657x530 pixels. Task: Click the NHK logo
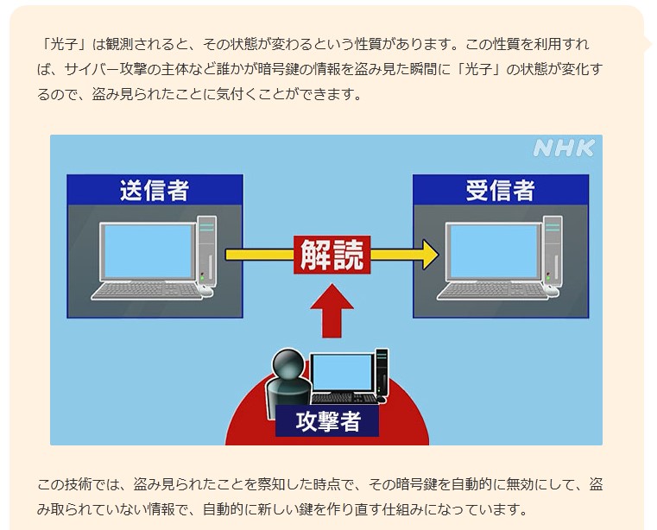[x=563, y=148]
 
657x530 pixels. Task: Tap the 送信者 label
[x=155, y=190]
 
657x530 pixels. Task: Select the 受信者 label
[x=500, y=190]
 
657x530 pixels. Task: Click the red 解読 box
[x=332, y=254]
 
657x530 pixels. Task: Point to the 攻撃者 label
[x=327, y=421]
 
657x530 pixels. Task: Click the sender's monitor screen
[x=146, y=250]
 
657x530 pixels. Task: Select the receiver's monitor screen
[x=491, y=250]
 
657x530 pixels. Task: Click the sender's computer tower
[x=205, y=250]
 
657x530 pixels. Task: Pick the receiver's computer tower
[x=552, y=250]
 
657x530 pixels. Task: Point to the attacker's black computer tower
[x=381, y=372]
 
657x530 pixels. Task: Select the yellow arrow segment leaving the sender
[x=259, y=254]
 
